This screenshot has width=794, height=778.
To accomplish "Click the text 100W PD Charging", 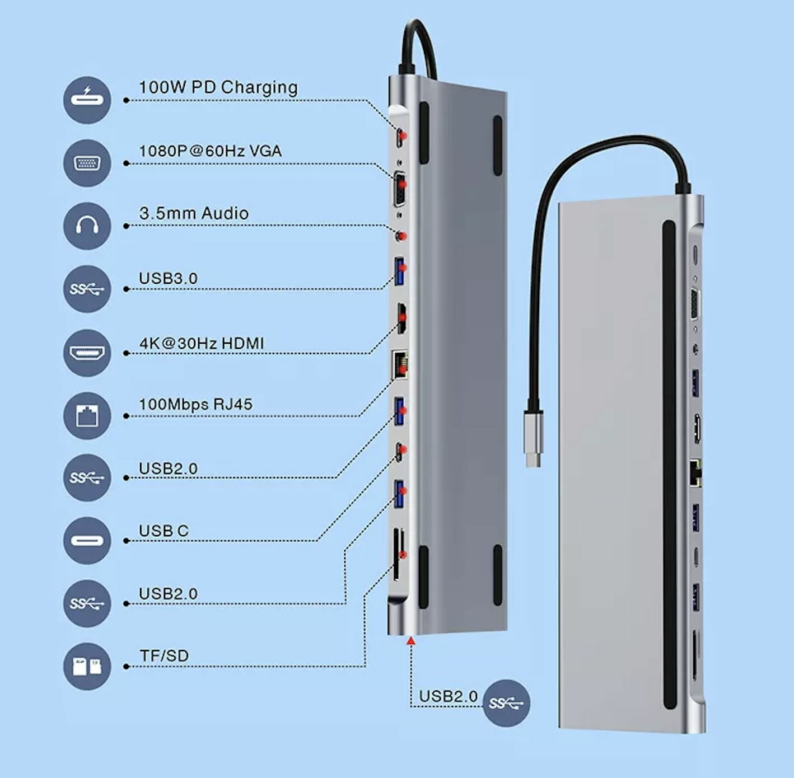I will pyautogui.click(x=218, y=87).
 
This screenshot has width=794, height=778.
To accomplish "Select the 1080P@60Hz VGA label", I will pyautogui.click(x=210, y=151).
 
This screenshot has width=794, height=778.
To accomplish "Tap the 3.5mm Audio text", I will pyautogui.click(x=194, y=213).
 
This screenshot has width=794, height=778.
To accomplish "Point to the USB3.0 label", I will pyautogui.click(x=168, y=278).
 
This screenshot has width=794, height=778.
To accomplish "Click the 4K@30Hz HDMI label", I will pyautogui.click(x=202, y=343).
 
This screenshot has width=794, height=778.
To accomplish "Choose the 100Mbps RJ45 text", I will pyautogui.click(x=195, y=404).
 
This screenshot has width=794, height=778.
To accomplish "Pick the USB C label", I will pyautogui.click(x=164, y=531).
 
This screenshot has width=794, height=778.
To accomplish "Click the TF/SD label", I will pyautogui.click(x=164, y=655).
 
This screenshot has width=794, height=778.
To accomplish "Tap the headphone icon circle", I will pyautogui.click(x=87, y=226).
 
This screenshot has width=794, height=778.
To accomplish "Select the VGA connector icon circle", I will pyautogui.click(x=87, y=163).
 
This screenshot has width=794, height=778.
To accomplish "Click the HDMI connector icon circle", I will pyautogui.click(x=87, y=353).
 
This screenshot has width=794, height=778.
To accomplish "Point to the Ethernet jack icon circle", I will pyautogui.click(x=87, y=415).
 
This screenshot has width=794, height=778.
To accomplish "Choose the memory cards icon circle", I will pyautogui.click(x=87, y=666).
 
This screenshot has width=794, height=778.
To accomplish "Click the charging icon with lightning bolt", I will pyautogui.click(x=87, y=100).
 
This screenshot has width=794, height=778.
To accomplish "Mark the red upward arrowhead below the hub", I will pyautogui.click(x=411, y=641).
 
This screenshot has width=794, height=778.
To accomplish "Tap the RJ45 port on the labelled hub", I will pyautogui.click(x=400, y=365).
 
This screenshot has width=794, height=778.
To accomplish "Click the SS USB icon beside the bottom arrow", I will pyautogui.click(x=506, y=703).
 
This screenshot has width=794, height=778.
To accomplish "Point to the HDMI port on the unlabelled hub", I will pyautogui.click(x=697, y=428).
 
